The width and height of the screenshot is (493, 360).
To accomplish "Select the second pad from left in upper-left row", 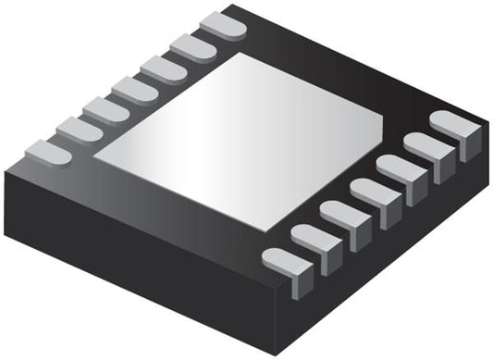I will point(79,130).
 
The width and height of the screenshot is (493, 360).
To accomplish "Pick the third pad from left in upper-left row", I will point(107,109).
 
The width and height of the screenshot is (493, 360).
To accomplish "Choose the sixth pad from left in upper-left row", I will point(193,46).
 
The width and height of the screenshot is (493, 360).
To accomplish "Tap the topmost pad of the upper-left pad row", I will point(223,26).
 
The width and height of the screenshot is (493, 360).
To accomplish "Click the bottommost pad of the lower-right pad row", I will point(286,263).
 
